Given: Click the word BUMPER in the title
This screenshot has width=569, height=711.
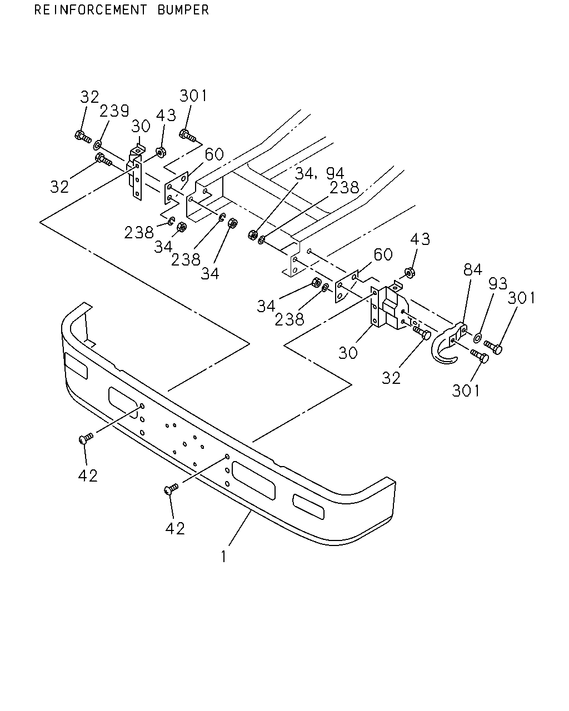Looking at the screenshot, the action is click(x=183, y=10).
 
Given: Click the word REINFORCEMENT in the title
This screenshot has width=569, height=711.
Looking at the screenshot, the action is click(x=90, y=10).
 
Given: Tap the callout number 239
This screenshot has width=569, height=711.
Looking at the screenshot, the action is click(x=114, y=111).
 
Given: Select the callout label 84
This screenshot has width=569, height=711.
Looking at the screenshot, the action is click(x=472, y=269).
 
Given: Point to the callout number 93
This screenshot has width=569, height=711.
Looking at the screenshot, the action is click(x=497, y=283).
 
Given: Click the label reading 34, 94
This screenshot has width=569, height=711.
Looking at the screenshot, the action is click(x=320, y=173).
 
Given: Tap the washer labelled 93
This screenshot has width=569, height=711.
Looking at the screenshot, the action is click(x=478, y=338).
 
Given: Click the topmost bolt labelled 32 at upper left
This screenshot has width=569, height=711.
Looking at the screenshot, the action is click(x=83, y=136).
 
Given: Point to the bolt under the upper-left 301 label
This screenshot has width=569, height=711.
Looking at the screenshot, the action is click(x=188, y=135).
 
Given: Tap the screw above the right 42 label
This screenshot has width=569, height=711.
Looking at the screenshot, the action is click(x=171, y=489).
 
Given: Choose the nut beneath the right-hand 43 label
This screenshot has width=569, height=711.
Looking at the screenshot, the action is click(x=410, y=273).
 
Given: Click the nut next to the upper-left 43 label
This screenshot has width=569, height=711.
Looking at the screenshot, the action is click(x=161, y=153).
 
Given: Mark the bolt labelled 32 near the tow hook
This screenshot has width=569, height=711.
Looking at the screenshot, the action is click(x=422, y=333).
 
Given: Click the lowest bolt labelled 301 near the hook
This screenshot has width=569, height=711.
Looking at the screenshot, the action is click(x=480, y=357).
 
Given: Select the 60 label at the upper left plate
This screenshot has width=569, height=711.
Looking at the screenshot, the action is click(x=214, y=154).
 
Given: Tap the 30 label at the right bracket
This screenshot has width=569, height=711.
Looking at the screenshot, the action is click(x=348, y=353).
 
